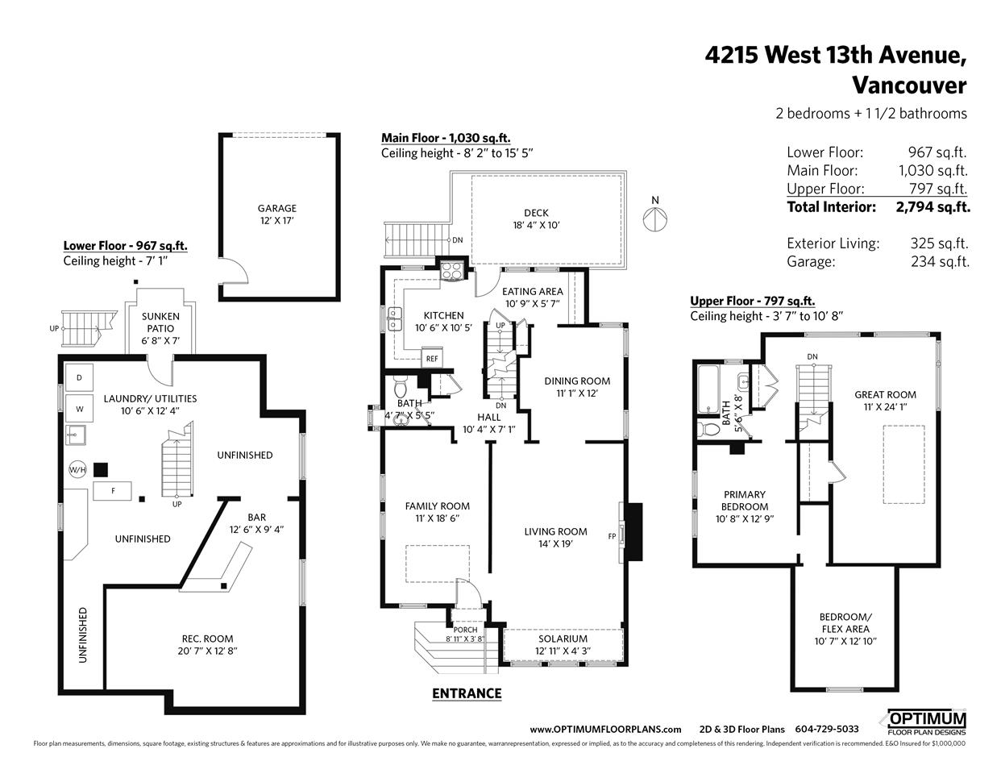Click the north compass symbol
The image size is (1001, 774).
(x=654, y=219)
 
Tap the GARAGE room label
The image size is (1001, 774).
(x=277, y=208)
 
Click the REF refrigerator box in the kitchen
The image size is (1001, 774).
(x=432, y=359)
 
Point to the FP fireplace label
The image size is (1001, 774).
(x=612, y=536)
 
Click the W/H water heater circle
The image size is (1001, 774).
(x=77, y=469)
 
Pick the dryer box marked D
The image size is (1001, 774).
(x=79, y=378)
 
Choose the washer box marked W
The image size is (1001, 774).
(x=79, y=409)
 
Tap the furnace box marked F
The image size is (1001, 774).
(x=112, y=491)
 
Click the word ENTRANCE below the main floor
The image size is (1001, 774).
(x=467, y=693)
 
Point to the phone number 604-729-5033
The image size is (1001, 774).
(x=827, y=730)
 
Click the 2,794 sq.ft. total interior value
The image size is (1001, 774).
(x=932, y=207)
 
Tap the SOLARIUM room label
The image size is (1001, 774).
(x=563, y=639)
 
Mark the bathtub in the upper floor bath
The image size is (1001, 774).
(x=708, y=389)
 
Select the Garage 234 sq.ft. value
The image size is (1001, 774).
(x=941, y=262)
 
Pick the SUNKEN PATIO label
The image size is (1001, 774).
(x=160, y=322)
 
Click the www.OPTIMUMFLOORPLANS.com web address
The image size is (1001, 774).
(x=605, y=730)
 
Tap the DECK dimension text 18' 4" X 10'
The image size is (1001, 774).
(x=536, y=225)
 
